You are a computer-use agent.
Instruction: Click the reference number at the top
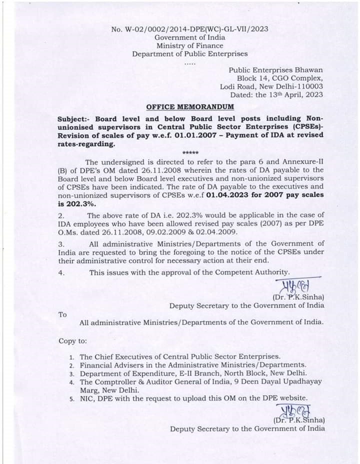tap(190, 29)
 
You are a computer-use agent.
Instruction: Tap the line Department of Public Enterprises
tap(189, 54)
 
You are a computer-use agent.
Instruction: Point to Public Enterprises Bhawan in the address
tap(275, 70)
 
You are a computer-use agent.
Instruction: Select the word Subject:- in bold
tap(74, 119)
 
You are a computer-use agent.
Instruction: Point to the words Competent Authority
tap(252, 272)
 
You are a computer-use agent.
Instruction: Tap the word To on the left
tap(62, 314)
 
